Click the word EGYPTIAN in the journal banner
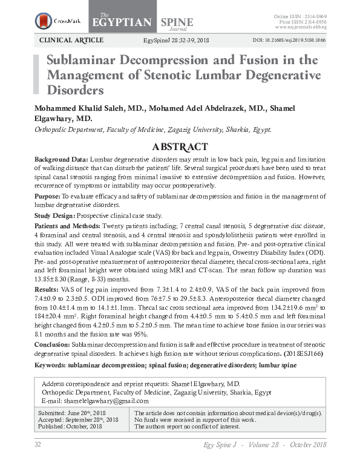point(121,22)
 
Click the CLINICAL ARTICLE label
point(71,41)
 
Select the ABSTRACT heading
point(180,147)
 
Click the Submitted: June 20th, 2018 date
point(71,413)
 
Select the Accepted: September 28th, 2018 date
point(77,420)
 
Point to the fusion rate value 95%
point(158,333)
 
